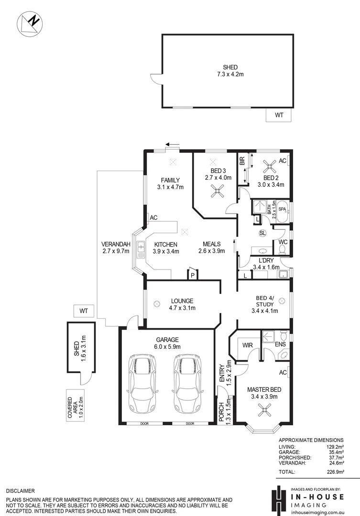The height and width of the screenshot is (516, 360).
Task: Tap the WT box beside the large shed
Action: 280,115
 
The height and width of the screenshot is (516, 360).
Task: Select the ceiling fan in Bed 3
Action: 217,191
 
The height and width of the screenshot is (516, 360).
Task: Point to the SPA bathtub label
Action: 283,209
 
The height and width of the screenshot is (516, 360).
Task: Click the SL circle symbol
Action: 262,233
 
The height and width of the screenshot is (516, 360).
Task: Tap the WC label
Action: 283,242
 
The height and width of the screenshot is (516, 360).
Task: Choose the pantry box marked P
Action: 193,275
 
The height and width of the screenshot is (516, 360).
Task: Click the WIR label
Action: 247,344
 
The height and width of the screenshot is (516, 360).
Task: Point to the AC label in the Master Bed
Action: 283,372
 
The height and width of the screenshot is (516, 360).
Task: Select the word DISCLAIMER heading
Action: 20,491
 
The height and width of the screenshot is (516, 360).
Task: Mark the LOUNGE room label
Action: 182,301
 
